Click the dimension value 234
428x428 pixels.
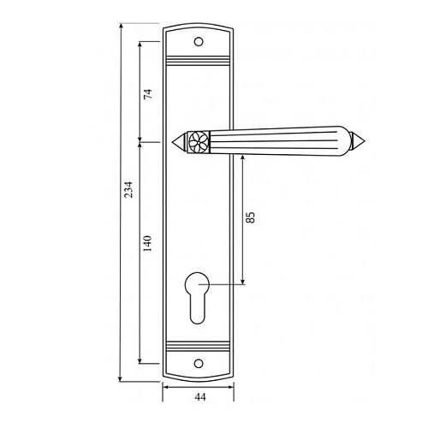click(129, 189)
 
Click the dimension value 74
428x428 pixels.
click(148, 94)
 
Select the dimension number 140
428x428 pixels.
click(147, 243)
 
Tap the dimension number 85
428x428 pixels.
click(250, 217)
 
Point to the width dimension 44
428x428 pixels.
click(200, 397)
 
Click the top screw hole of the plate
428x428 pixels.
click(199, 42)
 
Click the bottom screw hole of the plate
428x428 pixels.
click(199, 364)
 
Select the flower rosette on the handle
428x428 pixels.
click(199, 142)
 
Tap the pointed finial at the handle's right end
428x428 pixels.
click(358, 140)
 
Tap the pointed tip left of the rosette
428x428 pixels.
click(179, 142)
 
